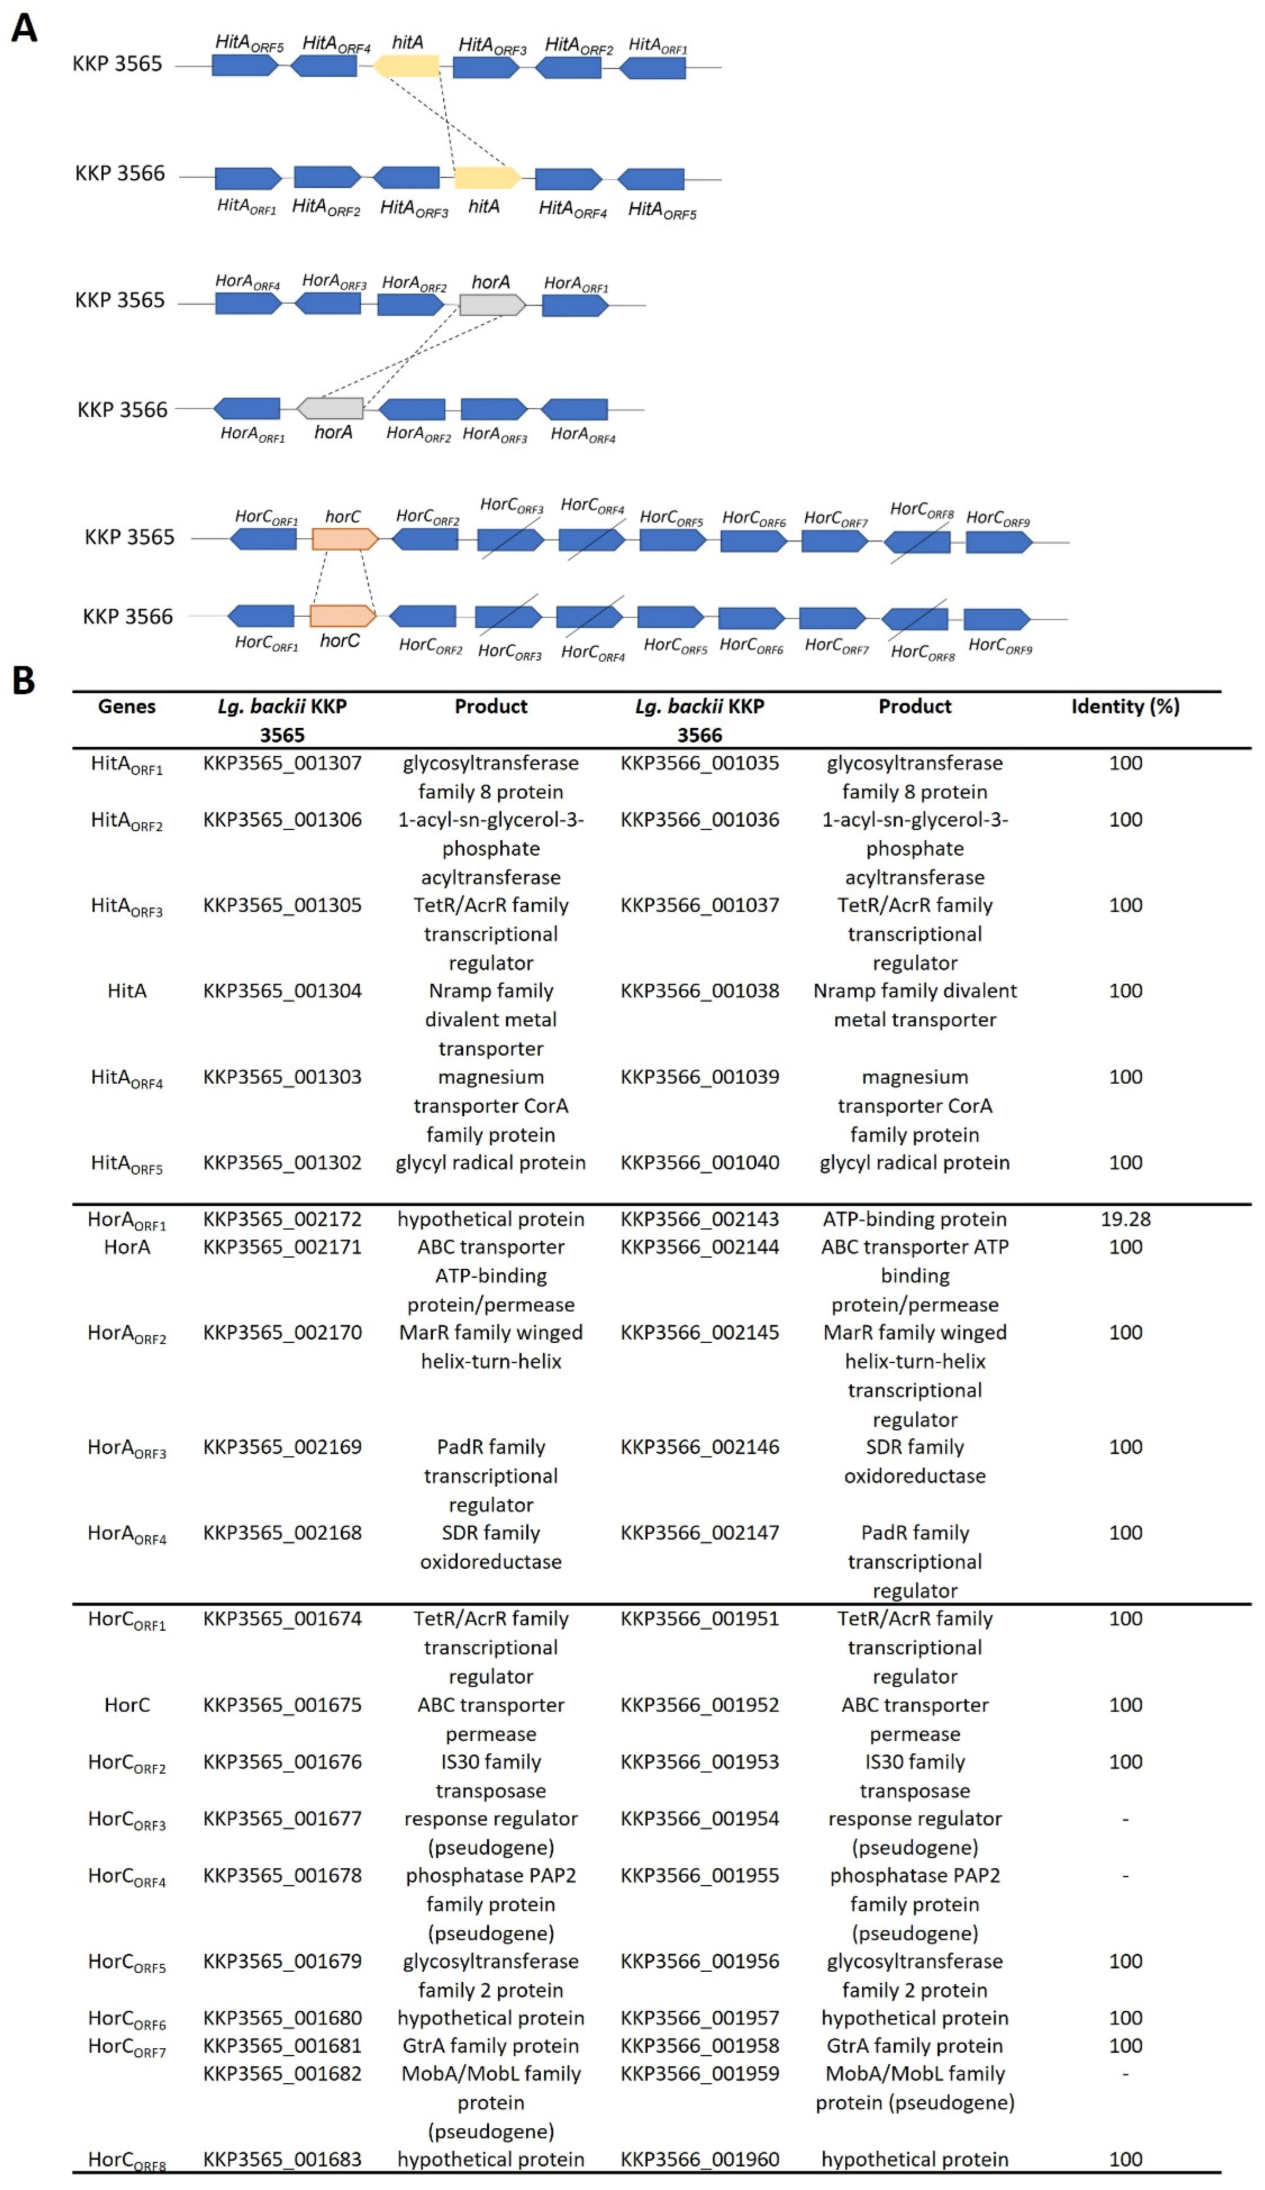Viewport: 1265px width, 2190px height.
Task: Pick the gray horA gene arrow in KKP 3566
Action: [330, 408]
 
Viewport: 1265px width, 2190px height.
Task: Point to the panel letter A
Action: [24, 28]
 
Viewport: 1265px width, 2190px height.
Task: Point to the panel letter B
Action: [24, 680]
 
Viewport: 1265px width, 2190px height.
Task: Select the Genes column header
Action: [127, 706]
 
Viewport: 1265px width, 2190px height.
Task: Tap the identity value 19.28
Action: [1125, 1218]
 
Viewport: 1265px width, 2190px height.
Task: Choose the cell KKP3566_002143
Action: [700, 1218]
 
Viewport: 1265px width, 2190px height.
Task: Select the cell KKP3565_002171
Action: [282, 1246]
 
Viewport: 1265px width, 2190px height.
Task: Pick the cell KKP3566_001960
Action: [700, 2158]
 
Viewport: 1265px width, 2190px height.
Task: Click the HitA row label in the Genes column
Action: [127, 990]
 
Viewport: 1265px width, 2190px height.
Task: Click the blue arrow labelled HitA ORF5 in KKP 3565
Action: [245, 65]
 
